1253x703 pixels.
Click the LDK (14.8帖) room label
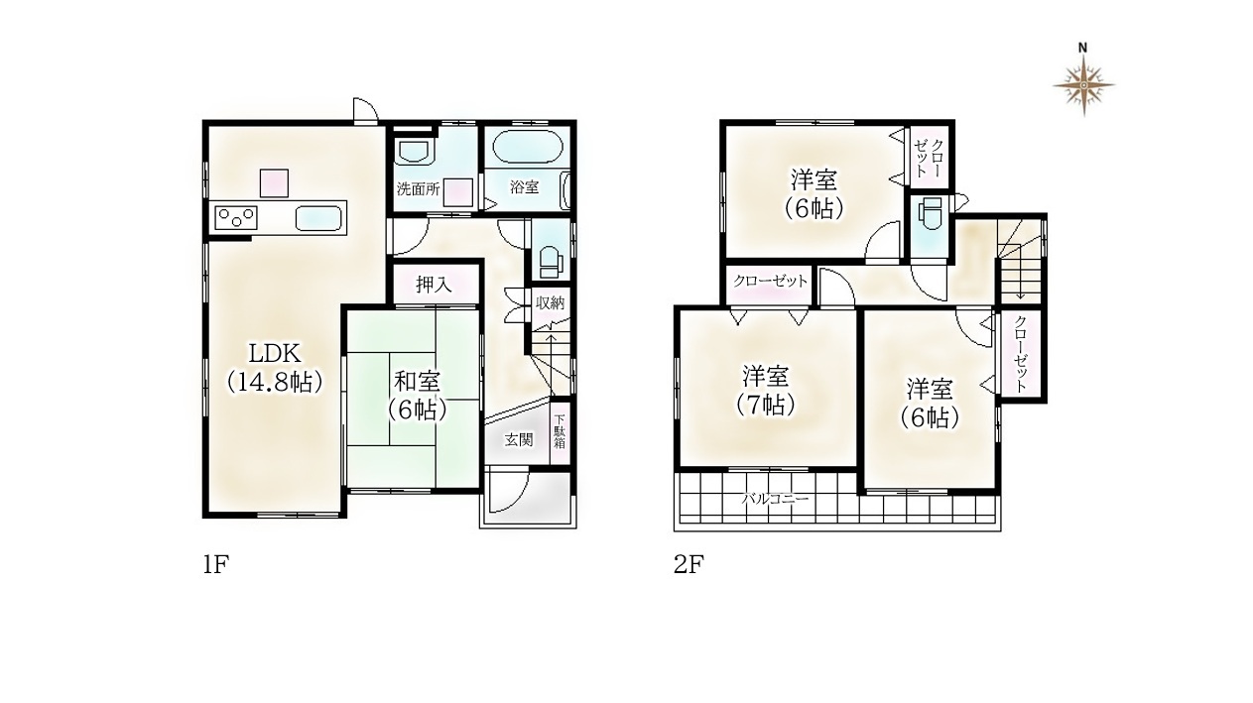tap(274, 368)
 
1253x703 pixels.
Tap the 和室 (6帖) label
tap(418, 396)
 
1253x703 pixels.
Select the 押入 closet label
tap(434, 286)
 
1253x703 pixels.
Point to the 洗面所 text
tap(419, 189)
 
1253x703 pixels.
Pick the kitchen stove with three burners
tap(236, 218)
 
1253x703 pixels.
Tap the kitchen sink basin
tap(318, 218)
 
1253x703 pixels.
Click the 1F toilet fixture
tap(551, 260)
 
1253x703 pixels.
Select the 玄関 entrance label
tap(519, 440)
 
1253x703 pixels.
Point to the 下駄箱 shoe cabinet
tap(560, 432)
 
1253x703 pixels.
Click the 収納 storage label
tap(551, 303)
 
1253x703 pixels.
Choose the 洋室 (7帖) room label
tap(765, 391)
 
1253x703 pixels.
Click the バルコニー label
tap(775, 499)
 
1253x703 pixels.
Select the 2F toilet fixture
tap(931, 215)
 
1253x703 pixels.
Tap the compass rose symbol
tap(1083, 85)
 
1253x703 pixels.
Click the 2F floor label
tap(689, 565)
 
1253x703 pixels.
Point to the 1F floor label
tap(216, 565)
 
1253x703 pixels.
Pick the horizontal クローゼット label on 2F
tap(770, 281)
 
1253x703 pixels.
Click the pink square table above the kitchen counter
tap(274, 182)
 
